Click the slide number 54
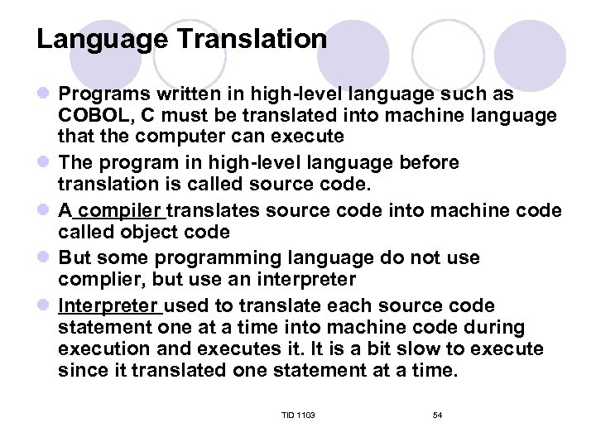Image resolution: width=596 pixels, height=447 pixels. tap(437, 415)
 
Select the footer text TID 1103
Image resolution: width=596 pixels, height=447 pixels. tap(298, 415)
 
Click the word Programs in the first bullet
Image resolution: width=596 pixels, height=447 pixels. tap(99, 94)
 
